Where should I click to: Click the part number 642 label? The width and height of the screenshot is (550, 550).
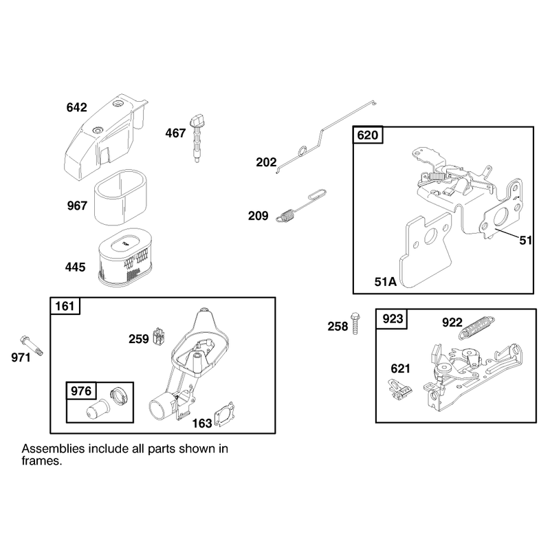click(x=76, y=107)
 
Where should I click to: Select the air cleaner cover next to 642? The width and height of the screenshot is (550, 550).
click(x=105, y=137)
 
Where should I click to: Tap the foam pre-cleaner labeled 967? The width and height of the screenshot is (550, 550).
click(x=120, y=197)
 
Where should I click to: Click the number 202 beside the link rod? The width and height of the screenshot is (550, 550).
click(x=266, y=162)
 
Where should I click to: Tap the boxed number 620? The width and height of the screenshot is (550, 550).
click(x=367, y=135)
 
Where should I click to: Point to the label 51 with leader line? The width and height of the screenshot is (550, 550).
click(x=525, y=240)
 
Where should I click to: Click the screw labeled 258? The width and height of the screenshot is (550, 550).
click(x=355, y=322)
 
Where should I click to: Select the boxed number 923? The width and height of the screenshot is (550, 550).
click(x=393, y=319)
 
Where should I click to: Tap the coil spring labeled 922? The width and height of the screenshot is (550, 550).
click(x=477, y=328)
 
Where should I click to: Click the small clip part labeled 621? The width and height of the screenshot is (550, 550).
click(x=400, y=389)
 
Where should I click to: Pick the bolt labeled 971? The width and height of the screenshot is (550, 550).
click(x=32, y=346)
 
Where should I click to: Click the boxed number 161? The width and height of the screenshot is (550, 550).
click(x=65, y=306)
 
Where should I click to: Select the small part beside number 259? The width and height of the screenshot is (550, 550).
click(x=159, y=337)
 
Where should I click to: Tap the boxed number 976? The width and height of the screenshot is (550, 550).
click(x=81, y=390)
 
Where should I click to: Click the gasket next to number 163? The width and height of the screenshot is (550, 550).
click(x=225, y=414)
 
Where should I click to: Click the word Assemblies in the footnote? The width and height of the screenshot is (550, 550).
click(x=54, y=449)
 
